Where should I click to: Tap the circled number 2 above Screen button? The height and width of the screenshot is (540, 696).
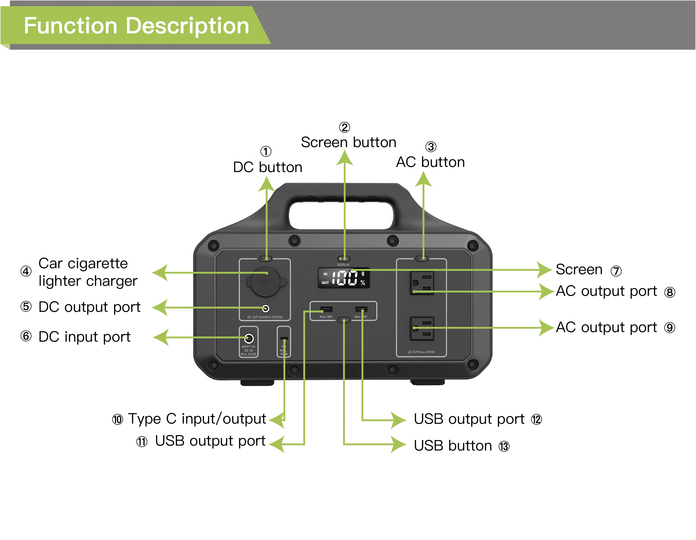[344, 127]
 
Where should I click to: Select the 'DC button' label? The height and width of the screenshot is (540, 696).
[267, 167]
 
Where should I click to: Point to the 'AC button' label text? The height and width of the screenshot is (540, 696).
[430, 162]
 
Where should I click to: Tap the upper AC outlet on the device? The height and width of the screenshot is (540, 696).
[422, 283]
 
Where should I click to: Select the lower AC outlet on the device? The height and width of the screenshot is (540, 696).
[422, 329]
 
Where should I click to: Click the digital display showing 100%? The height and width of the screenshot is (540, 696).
[344, 278]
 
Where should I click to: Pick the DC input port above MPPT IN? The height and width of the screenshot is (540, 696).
[249, 338]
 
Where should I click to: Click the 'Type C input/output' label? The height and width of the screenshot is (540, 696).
[197, 419]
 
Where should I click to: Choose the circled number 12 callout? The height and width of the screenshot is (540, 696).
[536, 419]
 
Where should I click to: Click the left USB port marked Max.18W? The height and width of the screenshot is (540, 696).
[326, 309]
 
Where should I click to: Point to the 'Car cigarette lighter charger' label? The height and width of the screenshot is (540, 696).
[88, 272]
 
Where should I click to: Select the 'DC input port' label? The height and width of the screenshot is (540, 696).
[84, 337]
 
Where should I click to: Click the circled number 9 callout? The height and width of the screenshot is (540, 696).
[670, 328]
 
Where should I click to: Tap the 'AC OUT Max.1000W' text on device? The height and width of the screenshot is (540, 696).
[421, 352]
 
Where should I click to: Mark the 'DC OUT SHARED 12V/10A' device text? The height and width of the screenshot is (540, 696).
[265, 317]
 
